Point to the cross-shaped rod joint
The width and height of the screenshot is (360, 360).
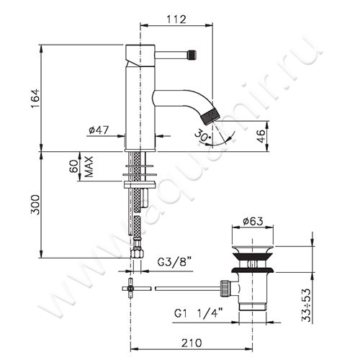132,287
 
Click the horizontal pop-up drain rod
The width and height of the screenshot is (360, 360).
187,287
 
